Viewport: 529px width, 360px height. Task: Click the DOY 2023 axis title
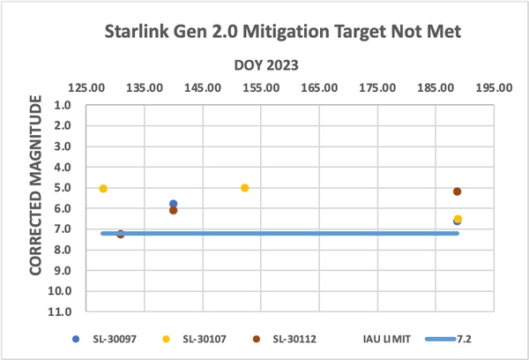[265, 65]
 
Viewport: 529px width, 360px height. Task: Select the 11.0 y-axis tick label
[63, 311]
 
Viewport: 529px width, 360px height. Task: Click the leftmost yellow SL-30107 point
[103, 189]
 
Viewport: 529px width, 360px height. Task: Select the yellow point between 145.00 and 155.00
[244, 188]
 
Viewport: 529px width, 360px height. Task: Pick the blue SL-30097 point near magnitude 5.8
[173, 204]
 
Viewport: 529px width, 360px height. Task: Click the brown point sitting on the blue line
[121, 234]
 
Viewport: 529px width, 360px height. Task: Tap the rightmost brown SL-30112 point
[457, 191]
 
